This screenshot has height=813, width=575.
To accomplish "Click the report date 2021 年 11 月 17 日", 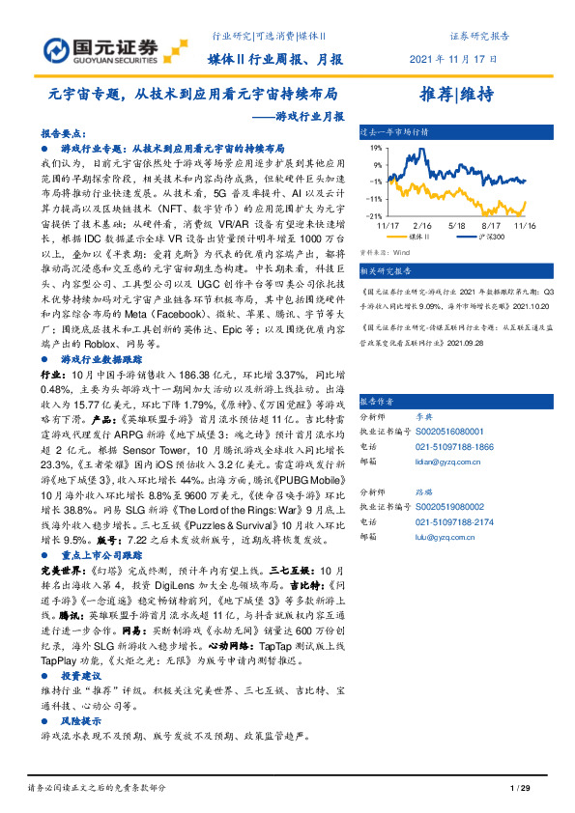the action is point(454,59).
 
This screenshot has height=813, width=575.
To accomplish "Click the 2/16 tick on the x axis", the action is point(426,224).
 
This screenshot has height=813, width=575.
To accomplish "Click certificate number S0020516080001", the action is point(449,432).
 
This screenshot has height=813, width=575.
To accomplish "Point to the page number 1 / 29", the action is point(520,788).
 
